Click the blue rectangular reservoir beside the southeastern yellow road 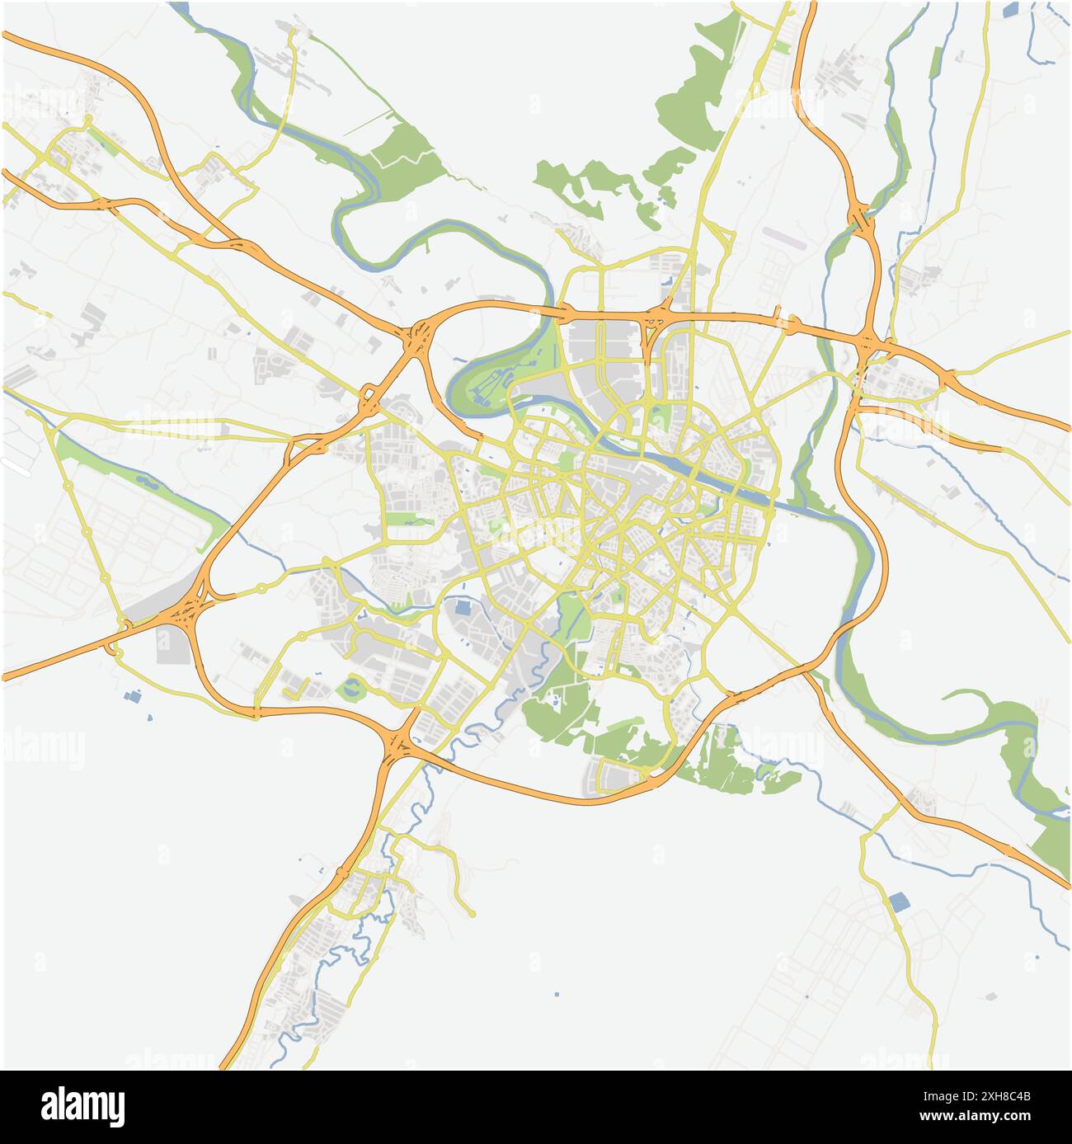[898, 902]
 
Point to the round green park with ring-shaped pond [353, 687]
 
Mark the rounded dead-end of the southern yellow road [472, 914]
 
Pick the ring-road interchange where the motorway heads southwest [398, 746]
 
